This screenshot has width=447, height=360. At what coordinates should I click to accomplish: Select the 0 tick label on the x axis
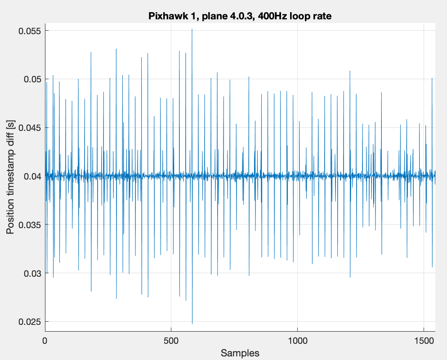pos(45,341)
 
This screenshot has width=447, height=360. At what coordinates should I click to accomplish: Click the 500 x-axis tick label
pos(171,341)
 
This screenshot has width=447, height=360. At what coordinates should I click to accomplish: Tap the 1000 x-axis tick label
pos(298,341)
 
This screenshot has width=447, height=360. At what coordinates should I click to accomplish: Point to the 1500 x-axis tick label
pos(424,341)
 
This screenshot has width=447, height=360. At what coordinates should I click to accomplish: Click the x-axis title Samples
pos(240,353)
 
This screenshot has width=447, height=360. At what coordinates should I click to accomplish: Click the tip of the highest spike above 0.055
pos(192,29)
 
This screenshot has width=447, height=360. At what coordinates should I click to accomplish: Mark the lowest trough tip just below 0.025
pos(192,324)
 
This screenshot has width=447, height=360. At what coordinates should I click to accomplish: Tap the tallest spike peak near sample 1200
pos(350,71)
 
